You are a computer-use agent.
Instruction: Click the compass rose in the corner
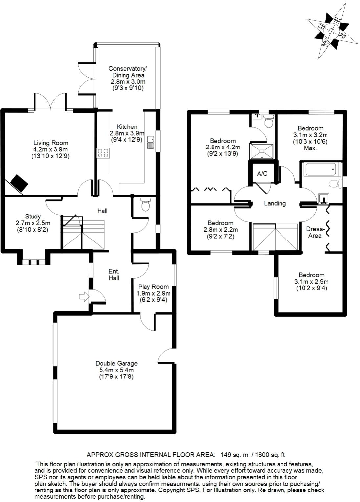[x=331, y=32]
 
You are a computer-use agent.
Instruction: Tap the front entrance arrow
[x=84, y=297]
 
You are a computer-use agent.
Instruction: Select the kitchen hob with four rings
[x=103, y=153]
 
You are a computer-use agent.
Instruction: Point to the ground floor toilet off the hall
[x=145, y=205]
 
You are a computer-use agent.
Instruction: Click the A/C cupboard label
[x=262, y=174]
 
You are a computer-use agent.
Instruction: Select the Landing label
[x=275, y=203]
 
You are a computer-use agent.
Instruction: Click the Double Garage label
[x=116, y=363]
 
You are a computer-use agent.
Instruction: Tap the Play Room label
[x=153, y=287]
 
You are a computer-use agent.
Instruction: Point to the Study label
[x=33, y=216]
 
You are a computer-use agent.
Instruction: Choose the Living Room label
[x=51, y=143]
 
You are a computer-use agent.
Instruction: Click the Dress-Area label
[x=315, y=232]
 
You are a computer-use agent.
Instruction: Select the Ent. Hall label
[x=114, y=275]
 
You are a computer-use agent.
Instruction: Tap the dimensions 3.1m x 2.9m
[x=311, y=282]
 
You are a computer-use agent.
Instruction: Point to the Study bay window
[x=33, y=262]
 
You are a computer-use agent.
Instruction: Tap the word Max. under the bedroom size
[x=310, y=148]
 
